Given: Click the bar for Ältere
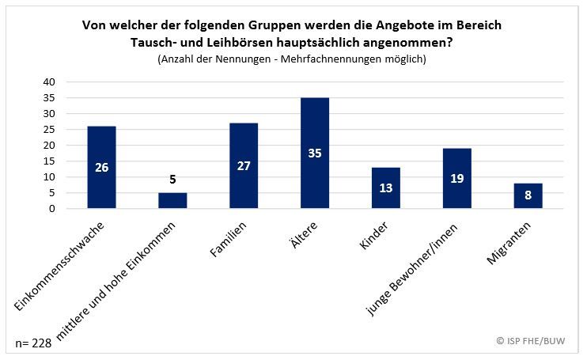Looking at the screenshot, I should [x=314, y=153].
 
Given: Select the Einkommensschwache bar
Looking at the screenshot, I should [x=100, y=167].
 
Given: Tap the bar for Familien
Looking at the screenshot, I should [x=243, y=165].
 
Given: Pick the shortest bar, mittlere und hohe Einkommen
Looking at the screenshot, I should [x=172, y=200].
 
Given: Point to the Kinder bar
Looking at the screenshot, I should [x=385, y=188].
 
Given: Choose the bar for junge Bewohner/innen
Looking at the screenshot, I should [x=456, y=178].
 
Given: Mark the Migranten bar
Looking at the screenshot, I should [x=528, y=195].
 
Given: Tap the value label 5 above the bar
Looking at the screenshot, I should [x=172, y=180].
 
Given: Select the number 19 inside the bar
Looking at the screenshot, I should [x=456, y=178].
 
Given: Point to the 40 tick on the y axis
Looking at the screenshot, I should [x=49, y=82].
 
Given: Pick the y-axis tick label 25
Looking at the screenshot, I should [x=49, y=130].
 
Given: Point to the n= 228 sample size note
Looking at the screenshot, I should [x=33, y=343].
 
